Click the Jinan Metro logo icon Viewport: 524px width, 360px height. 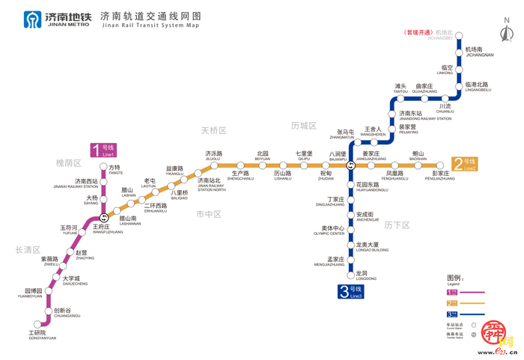pyautogui.click(x=33, y=19)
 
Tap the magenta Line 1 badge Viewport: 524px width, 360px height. pyautogui.click(x=103, y=150)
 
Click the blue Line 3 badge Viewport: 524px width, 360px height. pyautogui.click(x=350, y=291)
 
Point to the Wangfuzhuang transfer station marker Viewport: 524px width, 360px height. pyautogui.click(x=104, y=218)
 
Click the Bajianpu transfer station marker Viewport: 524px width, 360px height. pyautogui.click(x=350, y=164)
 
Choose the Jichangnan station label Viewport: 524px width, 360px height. pyautogui.click(x=479, y=52)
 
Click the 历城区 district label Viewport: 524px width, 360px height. pyautogui.click(x=305, y=125)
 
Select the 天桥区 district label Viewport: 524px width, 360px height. pyautogui.click(x=213, y=130)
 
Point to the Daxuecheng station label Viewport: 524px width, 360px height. pyautogui.click(x=75, y=281)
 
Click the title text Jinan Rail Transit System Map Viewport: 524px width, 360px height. pyautogui.click(x=150, y=25)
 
